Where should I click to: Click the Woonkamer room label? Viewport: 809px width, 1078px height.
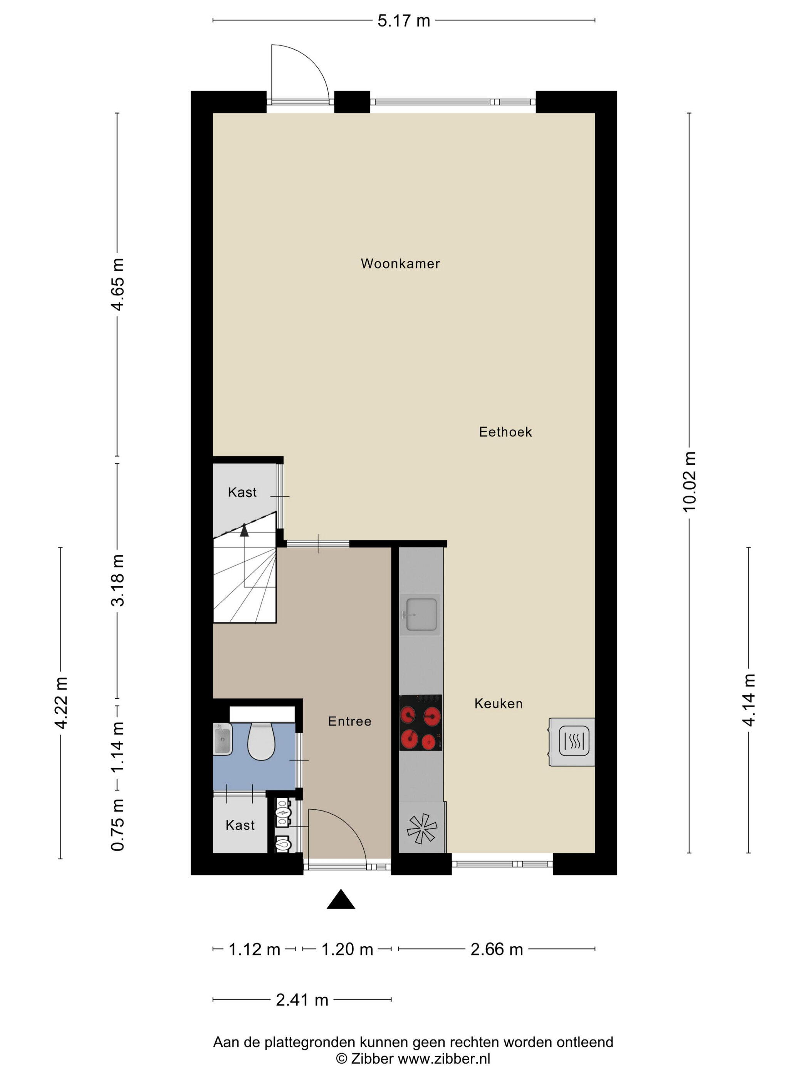coord(400,264)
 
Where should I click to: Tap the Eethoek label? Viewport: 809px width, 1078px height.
coord(505,432)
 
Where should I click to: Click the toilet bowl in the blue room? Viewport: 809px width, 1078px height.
coord(261,741)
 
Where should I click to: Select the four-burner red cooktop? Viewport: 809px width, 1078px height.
coord(421,723)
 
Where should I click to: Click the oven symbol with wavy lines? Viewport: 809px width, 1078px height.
coord(574,741)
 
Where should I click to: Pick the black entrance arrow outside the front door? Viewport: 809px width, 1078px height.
coord(341,899)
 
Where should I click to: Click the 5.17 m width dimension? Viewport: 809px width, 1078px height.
coord(404,21)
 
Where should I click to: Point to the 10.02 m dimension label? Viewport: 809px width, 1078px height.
coord(689,482)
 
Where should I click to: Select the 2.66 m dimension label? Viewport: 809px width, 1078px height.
coord(497,949)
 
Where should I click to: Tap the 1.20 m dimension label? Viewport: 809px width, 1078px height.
coord(347,949)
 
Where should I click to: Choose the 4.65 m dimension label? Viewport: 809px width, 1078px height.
coord(117,284)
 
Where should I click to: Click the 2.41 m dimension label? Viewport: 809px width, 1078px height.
coord(302,1000)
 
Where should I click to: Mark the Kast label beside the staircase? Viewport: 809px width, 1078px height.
coord(242,492)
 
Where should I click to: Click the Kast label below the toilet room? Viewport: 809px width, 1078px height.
coord(240,825)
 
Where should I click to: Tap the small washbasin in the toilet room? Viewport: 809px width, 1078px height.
coord(222,739)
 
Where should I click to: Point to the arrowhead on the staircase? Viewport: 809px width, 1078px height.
coord(244,530)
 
